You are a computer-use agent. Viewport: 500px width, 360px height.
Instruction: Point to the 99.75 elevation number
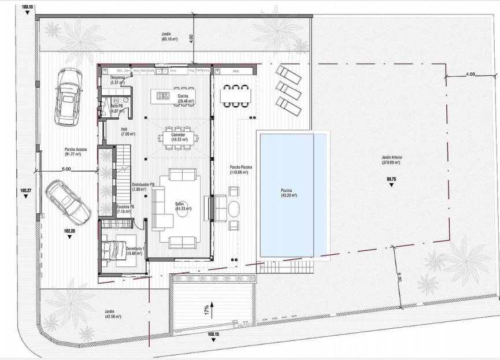[x=391, y=180]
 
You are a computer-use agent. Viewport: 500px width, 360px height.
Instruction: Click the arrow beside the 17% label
[x=212, y=307]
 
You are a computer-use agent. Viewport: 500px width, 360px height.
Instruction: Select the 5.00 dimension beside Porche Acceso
[x=65, y=169]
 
